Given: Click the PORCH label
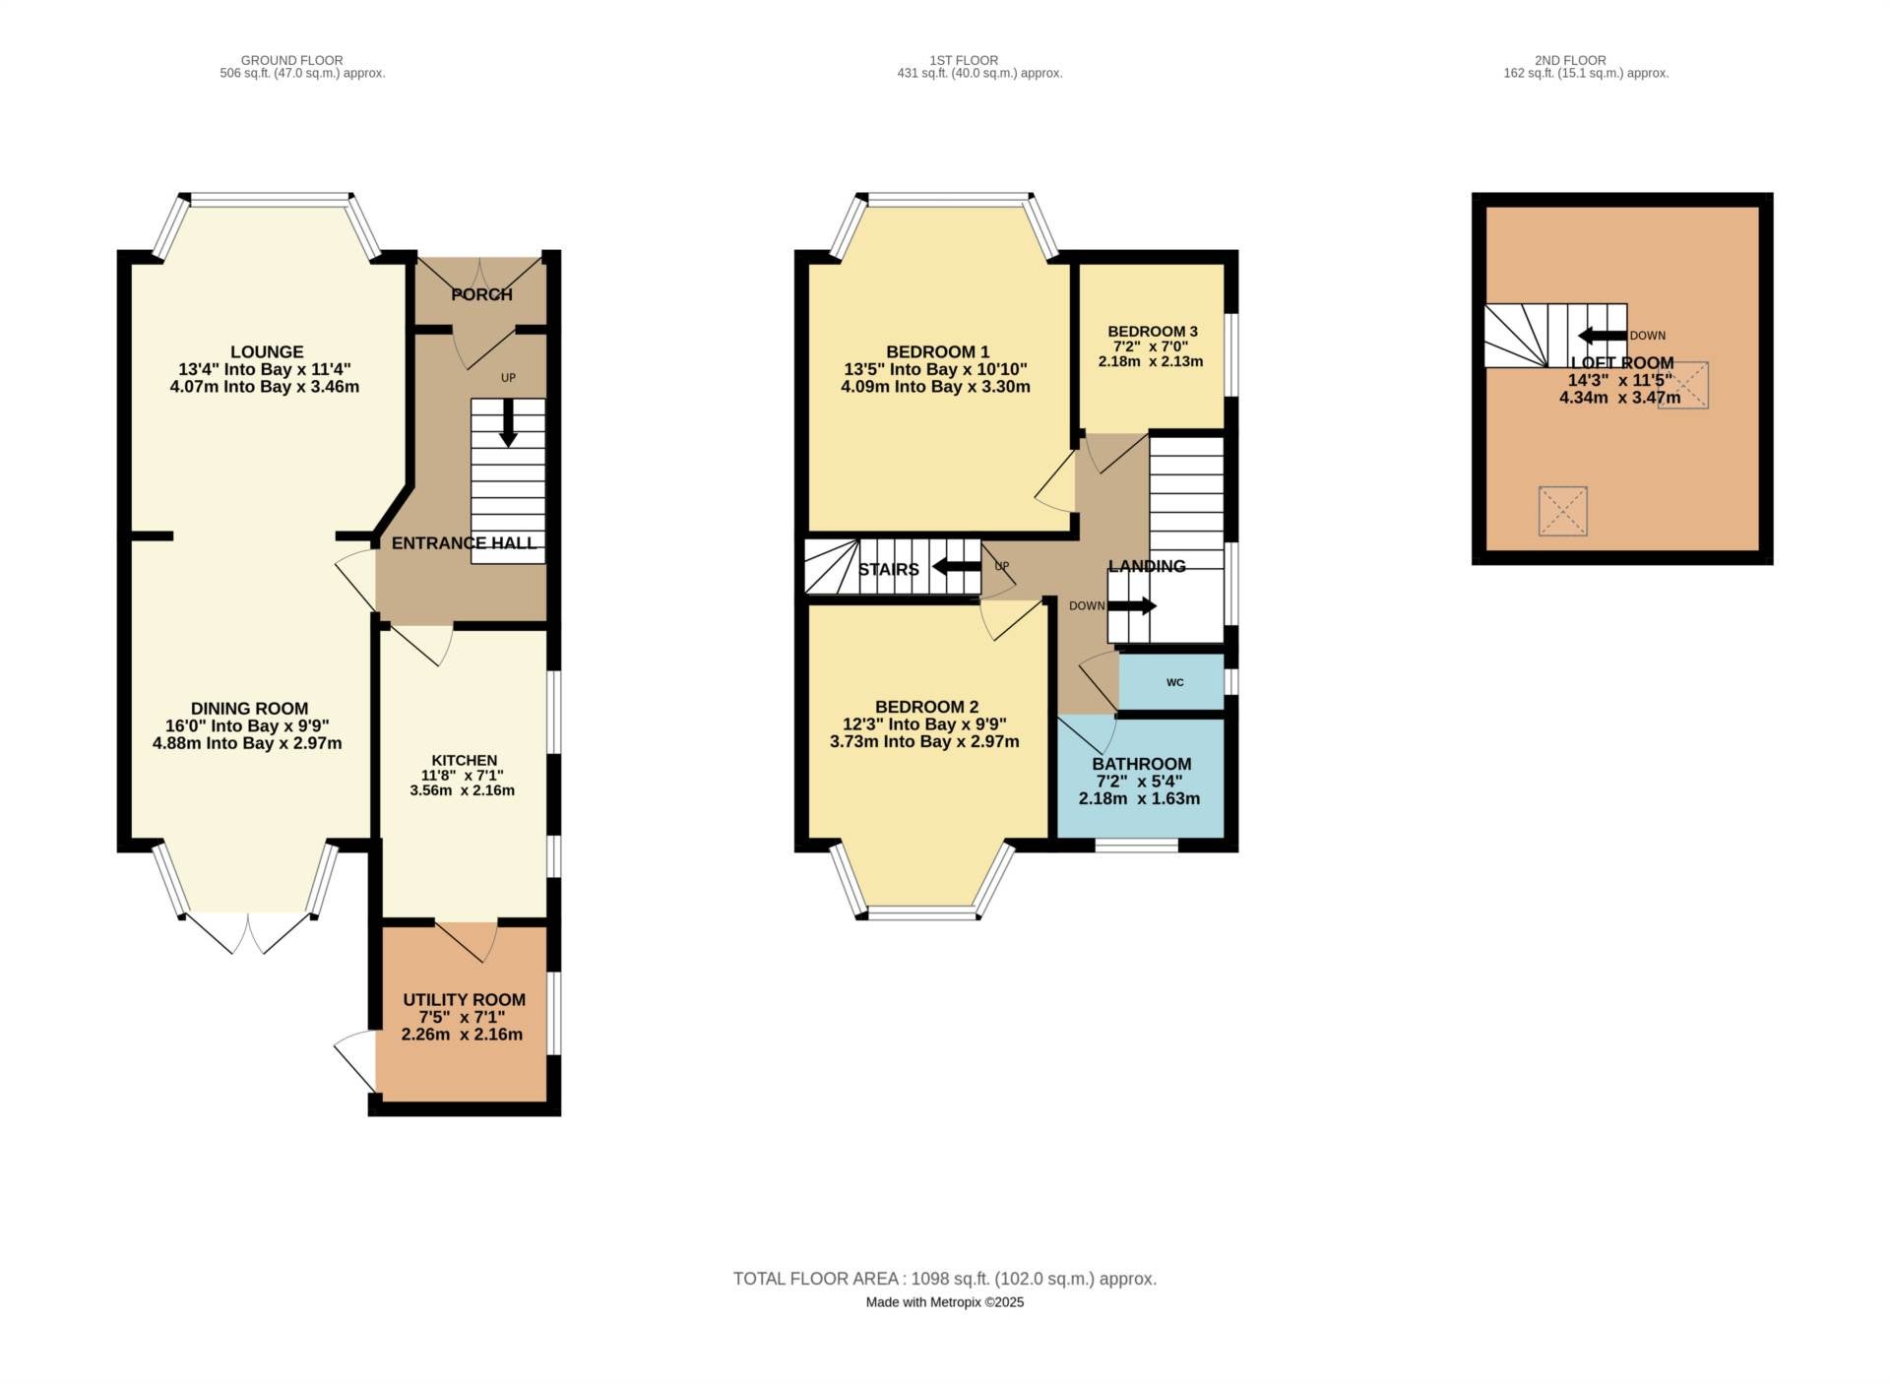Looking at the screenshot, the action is [x=481, y=294].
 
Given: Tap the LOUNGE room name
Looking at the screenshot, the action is [x=267, y=351].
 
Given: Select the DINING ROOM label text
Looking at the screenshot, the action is [x=249, y=709].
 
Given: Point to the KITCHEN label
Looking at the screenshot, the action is [x=464, y=760].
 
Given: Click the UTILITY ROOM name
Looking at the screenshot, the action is [x=464, y=1000].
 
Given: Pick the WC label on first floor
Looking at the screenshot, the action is [x=1174, y=682].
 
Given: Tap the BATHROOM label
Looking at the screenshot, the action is [x=1141, y=764].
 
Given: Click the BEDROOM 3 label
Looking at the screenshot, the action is [x=1152, y=332].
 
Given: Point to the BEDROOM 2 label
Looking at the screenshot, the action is [x=926, y=707].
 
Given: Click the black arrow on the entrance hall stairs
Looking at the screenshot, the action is [x=508, y=422].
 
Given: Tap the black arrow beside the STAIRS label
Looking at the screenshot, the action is [x=956, y=566].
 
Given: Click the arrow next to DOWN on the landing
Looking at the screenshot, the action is [x=1132, y=605].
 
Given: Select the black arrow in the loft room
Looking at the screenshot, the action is [x=1602, y=335].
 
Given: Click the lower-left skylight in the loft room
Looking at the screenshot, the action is [x=1562, y=511].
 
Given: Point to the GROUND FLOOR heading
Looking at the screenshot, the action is [x=291, y=60].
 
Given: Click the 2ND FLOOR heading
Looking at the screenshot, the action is [x=1570, y=60].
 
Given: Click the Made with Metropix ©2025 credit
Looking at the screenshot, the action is [x=945, y=1302].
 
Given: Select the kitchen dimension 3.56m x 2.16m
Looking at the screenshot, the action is [x=462, y=790].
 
